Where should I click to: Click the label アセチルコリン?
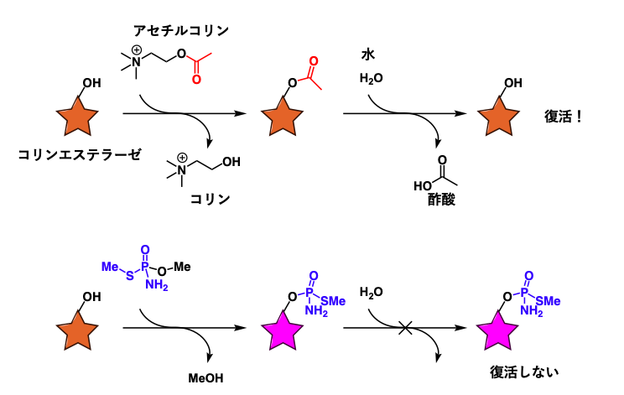coord(181,30)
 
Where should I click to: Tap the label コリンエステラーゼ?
coord(80,154)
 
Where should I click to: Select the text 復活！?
coord(563,117)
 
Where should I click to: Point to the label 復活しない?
coord(524,372)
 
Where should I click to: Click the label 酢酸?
coord(441,200)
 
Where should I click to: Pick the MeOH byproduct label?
coord(205,378)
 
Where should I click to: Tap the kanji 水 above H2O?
coord(368,55)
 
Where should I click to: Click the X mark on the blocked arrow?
coord(406,328)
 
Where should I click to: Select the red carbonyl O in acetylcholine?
coord(196,79)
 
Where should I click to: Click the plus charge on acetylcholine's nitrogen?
coord(137,50)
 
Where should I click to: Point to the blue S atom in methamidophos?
coord(130,275)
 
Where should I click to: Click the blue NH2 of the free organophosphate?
coord(156,285)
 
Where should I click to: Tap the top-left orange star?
coord(77,117)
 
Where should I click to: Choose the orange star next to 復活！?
coord(498,117)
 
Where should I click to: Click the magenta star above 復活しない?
coord(497,331)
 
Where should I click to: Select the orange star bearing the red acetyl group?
coord(282,117)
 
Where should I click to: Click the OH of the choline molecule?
coord(231,162)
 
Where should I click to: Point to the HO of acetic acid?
coord(423,186)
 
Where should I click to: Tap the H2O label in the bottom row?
coord(372,293)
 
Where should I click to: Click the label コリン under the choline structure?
coord(211,199)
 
